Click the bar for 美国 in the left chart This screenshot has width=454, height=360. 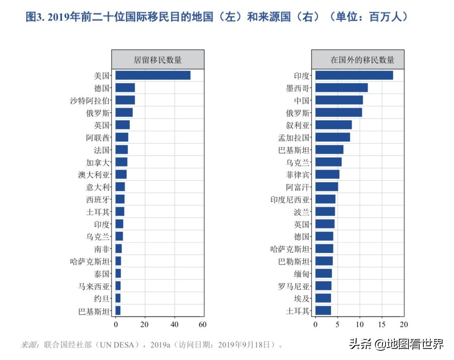point(153,75)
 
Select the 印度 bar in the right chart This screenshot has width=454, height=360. point(354,75)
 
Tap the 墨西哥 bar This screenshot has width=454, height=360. point(341,87)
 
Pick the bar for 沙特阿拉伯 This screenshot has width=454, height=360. point(125,100)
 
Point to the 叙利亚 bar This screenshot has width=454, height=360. point(333,125)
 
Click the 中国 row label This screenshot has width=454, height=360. point(301,101)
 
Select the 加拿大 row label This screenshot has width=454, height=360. point(98,162)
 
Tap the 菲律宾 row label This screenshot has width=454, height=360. point(298,175)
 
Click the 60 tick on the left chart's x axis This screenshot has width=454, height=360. point(202,324)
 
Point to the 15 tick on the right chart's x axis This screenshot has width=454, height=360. point(382,324)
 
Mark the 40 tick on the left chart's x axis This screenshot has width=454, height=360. point(174,324)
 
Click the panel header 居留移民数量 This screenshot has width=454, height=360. point(158,60)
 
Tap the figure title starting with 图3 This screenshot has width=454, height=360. point(216,17)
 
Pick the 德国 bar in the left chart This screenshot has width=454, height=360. point(125,87)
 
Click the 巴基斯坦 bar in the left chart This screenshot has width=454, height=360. point(118,311)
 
